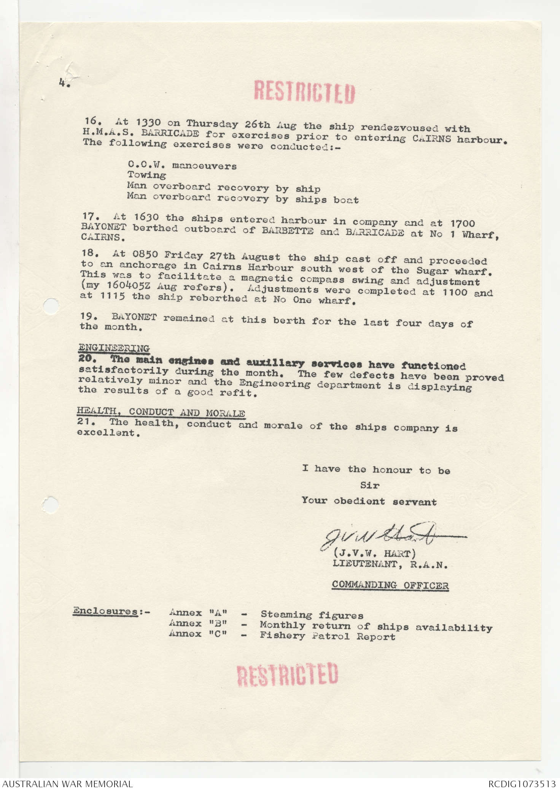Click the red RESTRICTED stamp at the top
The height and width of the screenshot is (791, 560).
(304, 92)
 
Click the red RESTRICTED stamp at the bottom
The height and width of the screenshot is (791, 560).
(288, 675)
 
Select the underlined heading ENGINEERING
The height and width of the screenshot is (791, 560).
(114, 348)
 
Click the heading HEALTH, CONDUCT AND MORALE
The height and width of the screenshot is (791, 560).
(161, 412)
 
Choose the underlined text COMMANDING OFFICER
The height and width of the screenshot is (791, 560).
(390, 585)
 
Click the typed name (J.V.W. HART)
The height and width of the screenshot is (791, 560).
(374, 554)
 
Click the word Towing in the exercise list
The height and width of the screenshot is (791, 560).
(146, 175)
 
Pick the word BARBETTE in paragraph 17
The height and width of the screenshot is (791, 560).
(288, 231)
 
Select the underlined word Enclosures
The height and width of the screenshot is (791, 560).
(105, 611)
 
